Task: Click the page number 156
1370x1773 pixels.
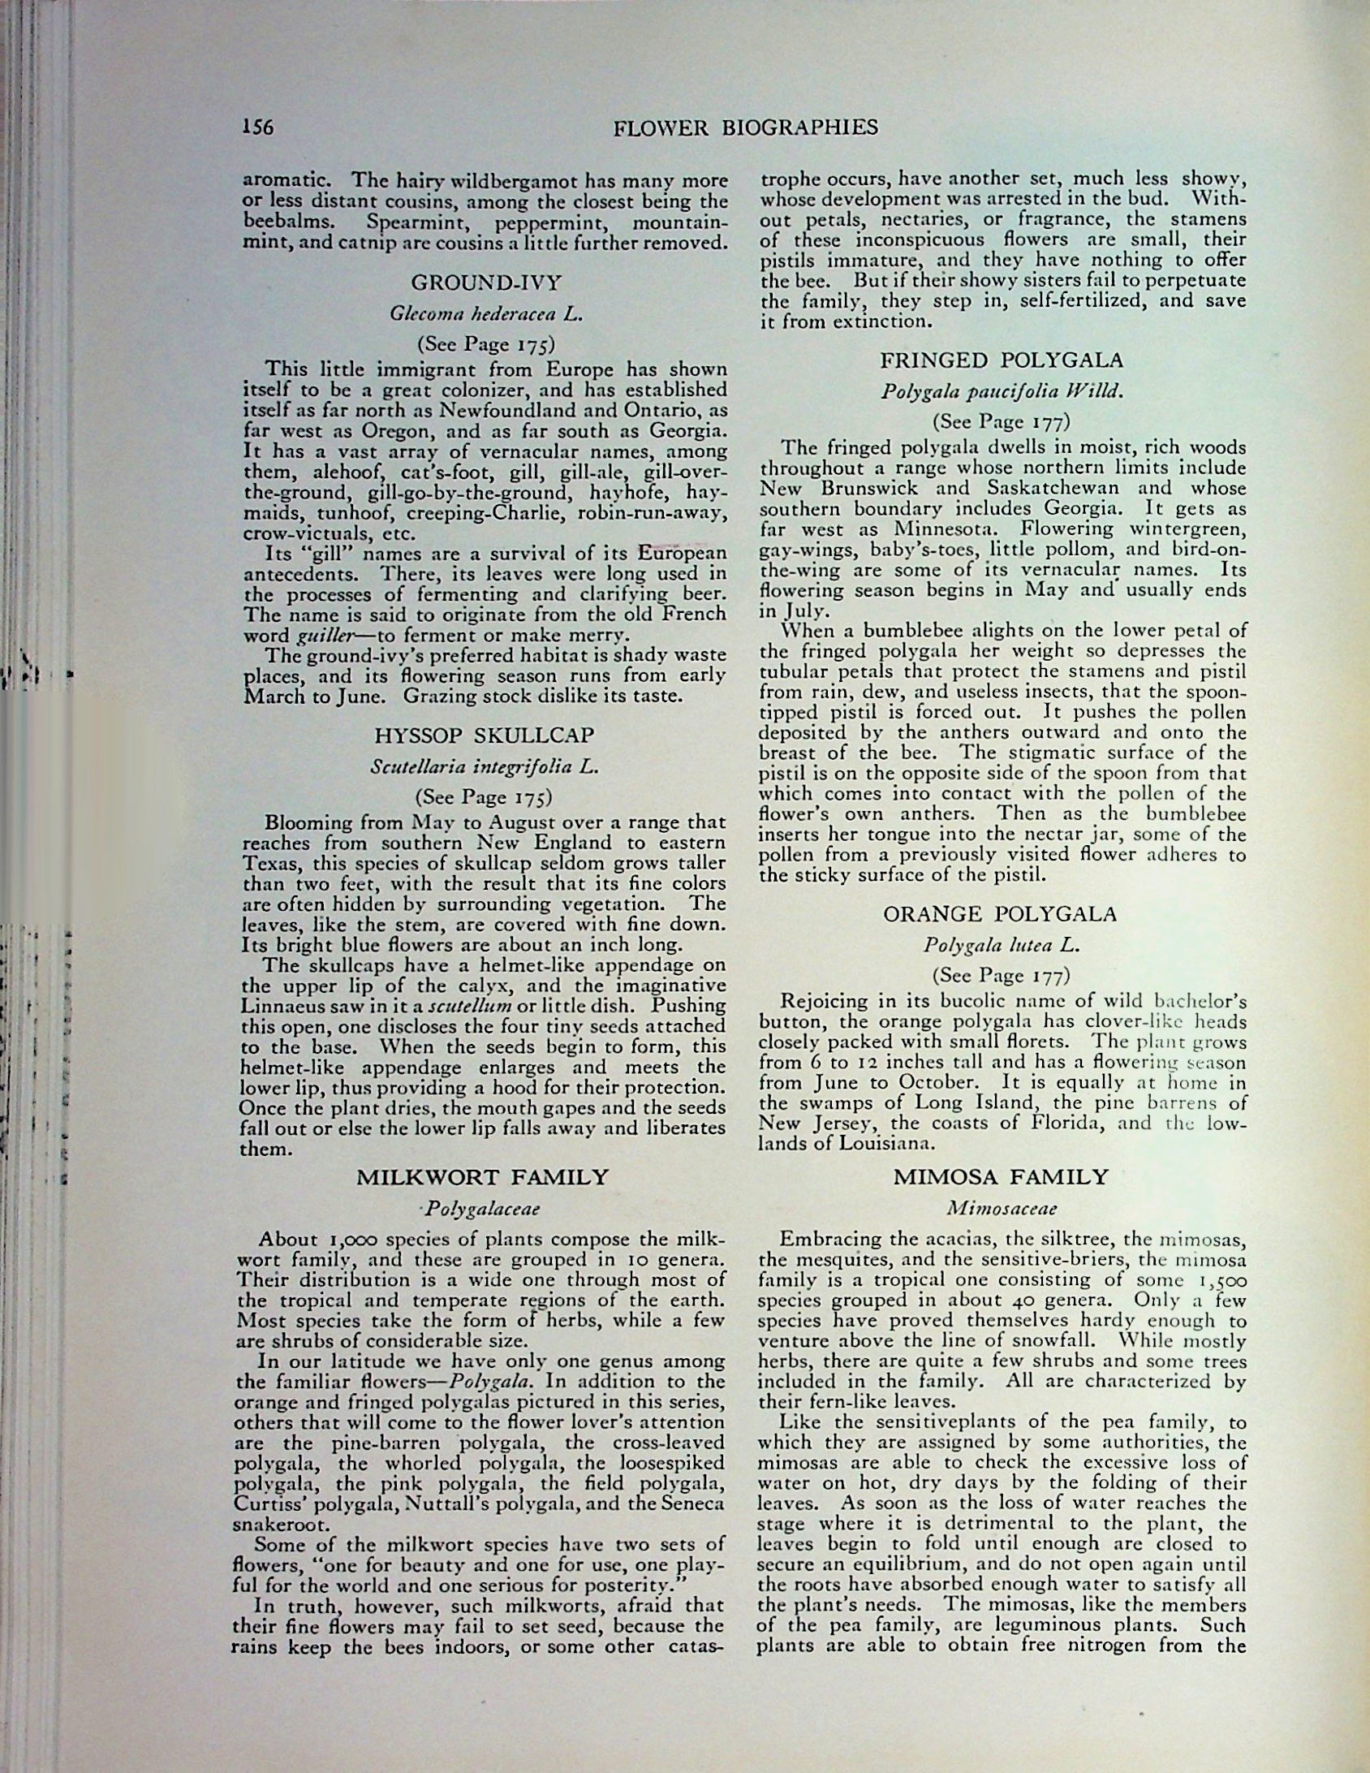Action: point(257,127)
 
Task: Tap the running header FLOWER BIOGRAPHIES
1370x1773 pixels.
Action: point(745,128)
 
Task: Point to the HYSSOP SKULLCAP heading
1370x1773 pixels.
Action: point(485,736)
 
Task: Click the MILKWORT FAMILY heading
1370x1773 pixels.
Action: point(483,1177)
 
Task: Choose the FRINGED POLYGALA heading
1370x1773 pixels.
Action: point(1002,360)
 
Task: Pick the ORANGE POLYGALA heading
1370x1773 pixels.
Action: point(1000,914)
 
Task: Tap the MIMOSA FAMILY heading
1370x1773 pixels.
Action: point(1001,1177)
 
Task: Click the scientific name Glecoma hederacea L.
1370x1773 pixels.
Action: point(485,314)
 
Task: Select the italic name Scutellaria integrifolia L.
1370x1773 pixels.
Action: point(485,766)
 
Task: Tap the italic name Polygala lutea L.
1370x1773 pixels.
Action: point(1002,945)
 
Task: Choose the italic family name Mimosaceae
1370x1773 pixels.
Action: point(1002,1208)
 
